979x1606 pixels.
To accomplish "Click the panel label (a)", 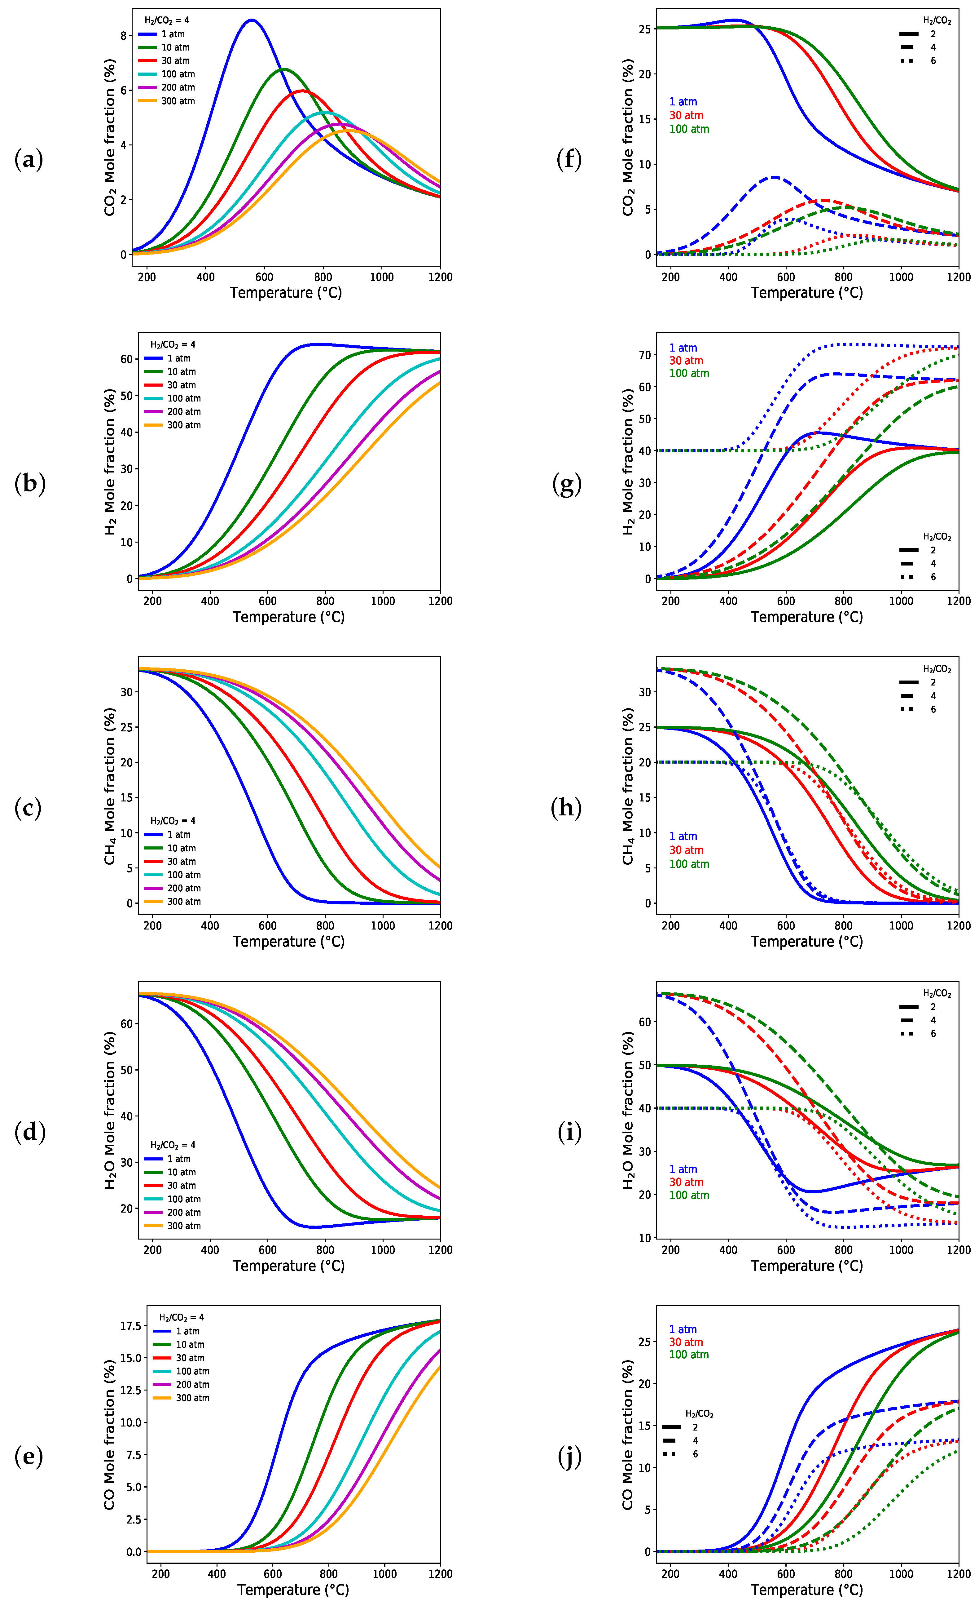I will [x=29, y=159].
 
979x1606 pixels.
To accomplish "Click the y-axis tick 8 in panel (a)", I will [x=124, y=36].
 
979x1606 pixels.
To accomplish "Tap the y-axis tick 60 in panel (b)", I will [x=126, y=359].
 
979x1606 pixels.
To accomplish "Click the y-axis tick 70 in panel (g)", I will [x=645, y=355].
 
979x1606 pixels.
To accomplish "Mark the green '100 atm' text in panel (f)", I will [x=689, y=129].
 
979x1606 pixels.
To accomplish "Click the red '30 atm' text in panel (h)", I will [x=686, y=850].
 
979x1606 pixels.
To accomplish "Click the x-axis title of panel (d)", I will [x=288, y=1266].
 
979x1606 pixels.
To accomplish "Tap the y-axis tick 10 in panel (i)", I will [x=645, y=1238].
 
